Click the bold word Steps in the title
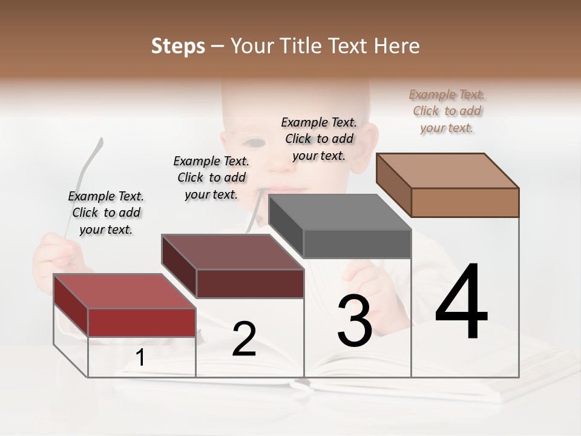(x=178, y=46)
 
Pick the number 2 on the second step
(x=244, y=339)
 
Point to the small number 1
(x=140, y=358)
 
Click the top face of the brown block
(x=447, y=170)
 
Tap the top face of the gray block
(x=340, y=212)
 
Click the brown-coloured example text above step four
(x=447, y=111)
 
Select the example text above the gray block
(x=319, y=139)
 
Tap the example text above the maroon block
(x=211, y=177)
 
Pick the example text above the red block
(x=106, y=213)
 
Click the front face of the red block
(x=142, y=323)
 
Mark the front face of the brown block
(x=465, y=202)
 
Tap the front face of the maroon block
(x=249, y=283)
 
